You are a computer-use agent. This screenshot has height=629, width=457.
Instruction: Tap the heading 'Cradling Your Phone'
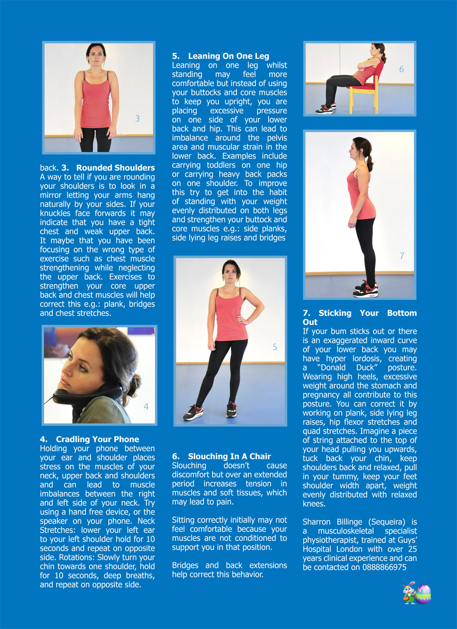[x=97, y=439]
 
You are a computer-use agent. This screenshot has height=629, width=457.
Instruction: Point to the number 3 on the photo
[x=137, y=118]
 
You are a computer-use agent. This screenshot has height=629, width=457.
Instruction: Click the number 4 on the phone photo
[x=146, y=406]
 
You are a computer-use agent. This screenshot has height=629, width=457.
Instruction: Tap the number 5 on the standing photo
[x=275, y=347]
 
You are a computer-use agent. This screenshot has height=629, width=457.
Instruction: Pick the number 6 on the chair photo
[x=401, y=70]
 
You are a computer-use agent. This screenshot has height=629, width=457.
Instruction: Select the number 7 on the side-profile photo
[x=401, y=256]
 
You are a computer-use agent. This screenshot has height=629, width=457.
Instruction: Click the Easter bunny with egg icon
[x=417, y=594]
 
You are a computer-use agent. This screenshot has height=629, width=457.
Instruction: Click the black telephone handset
[x=87, y=393]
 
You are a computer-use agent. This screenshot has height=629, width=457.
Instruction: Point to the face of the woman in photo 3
[x=96, y=55]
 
